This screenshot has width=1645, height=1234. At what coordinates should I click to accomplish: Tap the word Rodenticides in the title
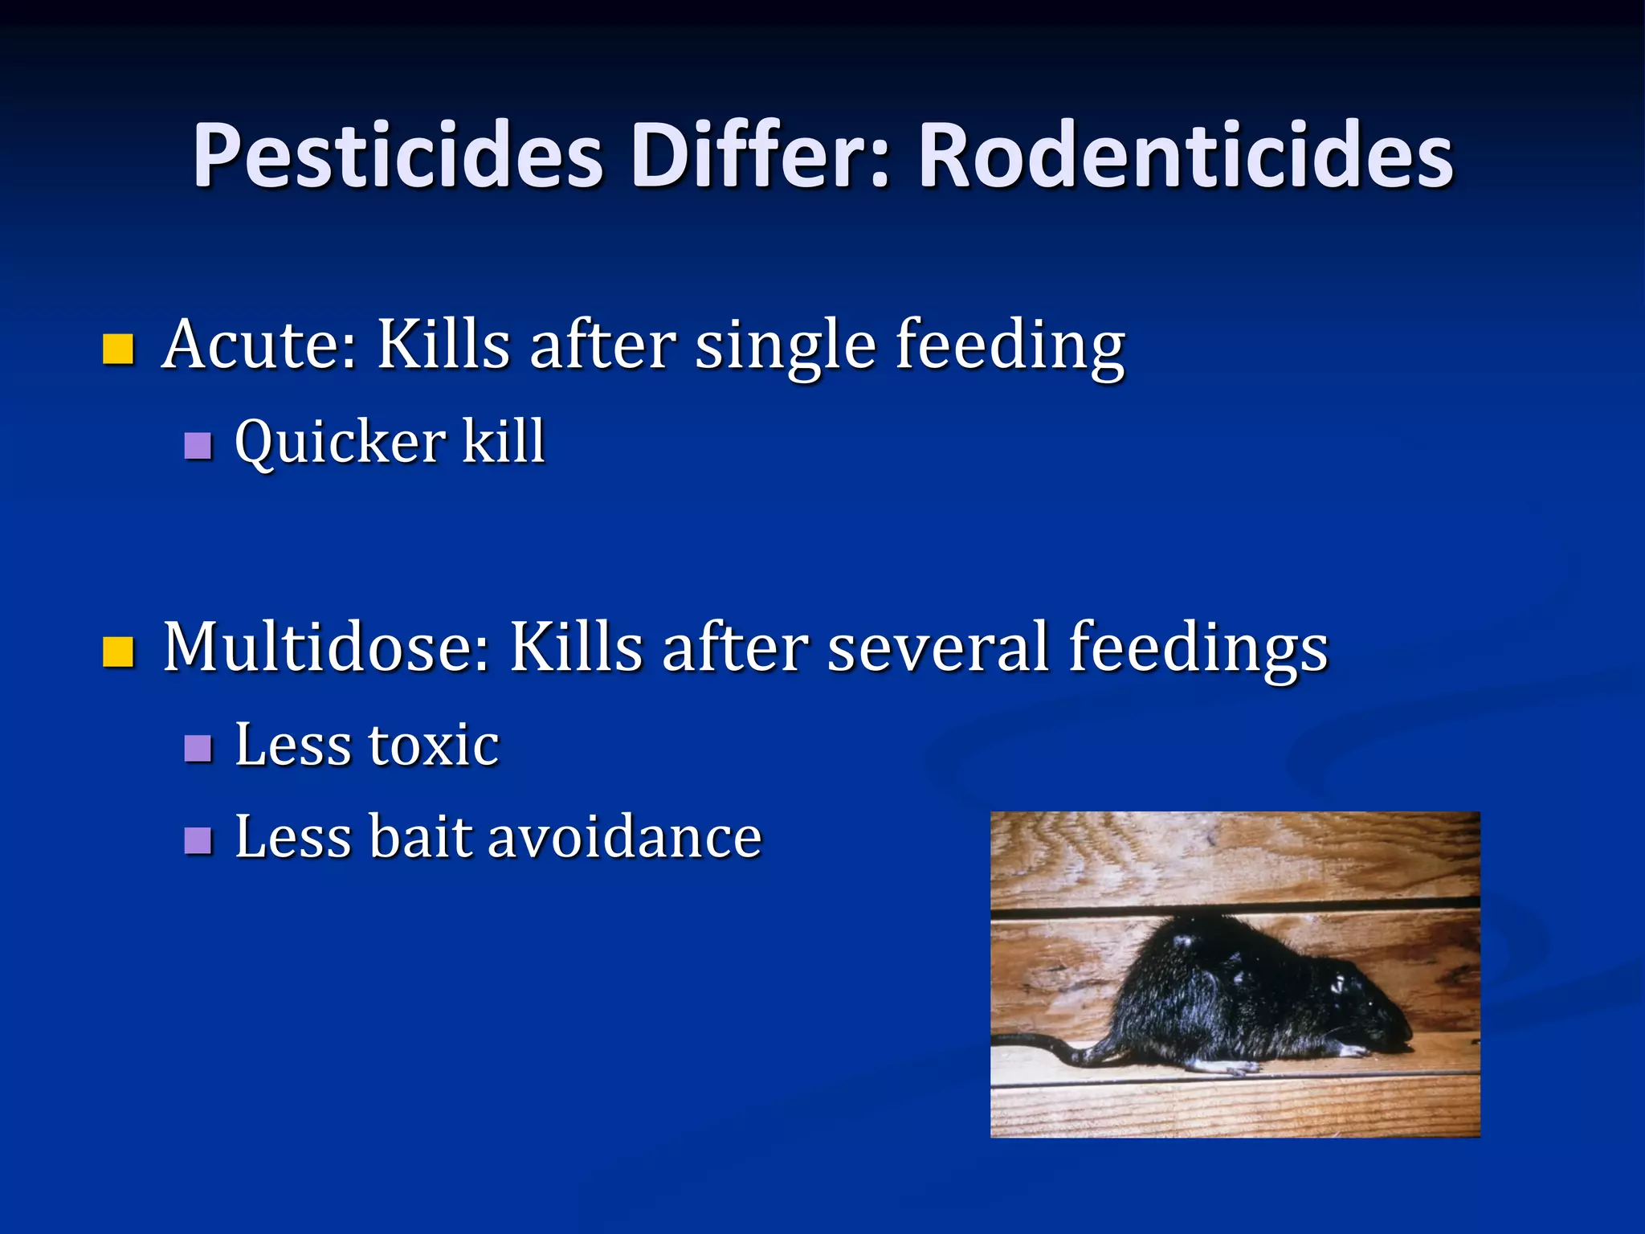click(1186, 156)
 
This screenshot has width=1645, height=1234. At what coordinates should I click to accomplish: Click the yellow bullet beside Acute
click(118, 349)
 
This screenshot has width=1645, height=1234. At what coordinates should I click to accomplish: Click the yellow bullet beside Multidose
click(118, 652)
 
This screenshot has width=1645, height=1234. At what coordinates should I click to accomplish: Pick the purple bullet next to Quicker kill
click(198, 445)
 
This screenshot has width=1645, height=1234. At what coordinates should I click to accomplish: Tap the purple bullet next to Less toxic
click(198, 748)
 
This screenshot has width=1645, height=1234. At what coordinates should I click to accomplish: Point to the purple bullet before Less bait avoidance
click(198, 840)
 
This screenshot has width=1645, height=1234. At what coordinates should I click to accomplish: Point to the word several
click(937, 648)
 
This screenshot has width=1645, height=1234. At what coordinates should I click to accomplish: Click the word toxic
click(433, 746)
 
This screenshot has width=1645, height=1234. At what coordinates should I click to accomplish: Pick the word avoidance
click(624, 837)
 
